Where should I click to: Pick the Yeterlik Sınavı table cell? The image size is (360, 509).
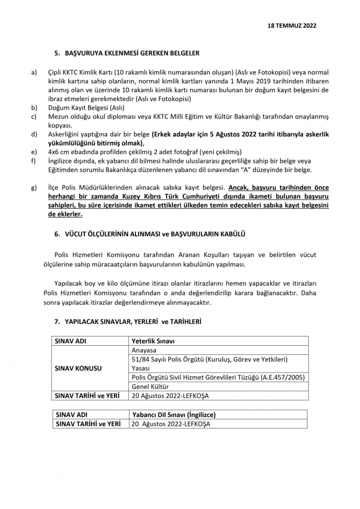[153, 340]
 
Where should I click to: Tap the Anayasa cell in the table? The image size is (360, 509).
[144, 350]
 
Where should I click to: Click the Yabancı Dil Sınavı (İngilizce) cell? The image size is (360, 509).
[174, 415]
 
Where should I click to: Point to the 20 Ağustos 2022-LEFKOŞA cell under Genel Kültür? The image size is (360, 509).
[170, 396]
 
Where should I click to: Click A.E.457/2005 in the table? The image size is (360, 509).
[282, 377]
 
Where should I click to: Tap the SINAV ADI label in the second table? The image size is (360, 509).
[72, 415]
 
